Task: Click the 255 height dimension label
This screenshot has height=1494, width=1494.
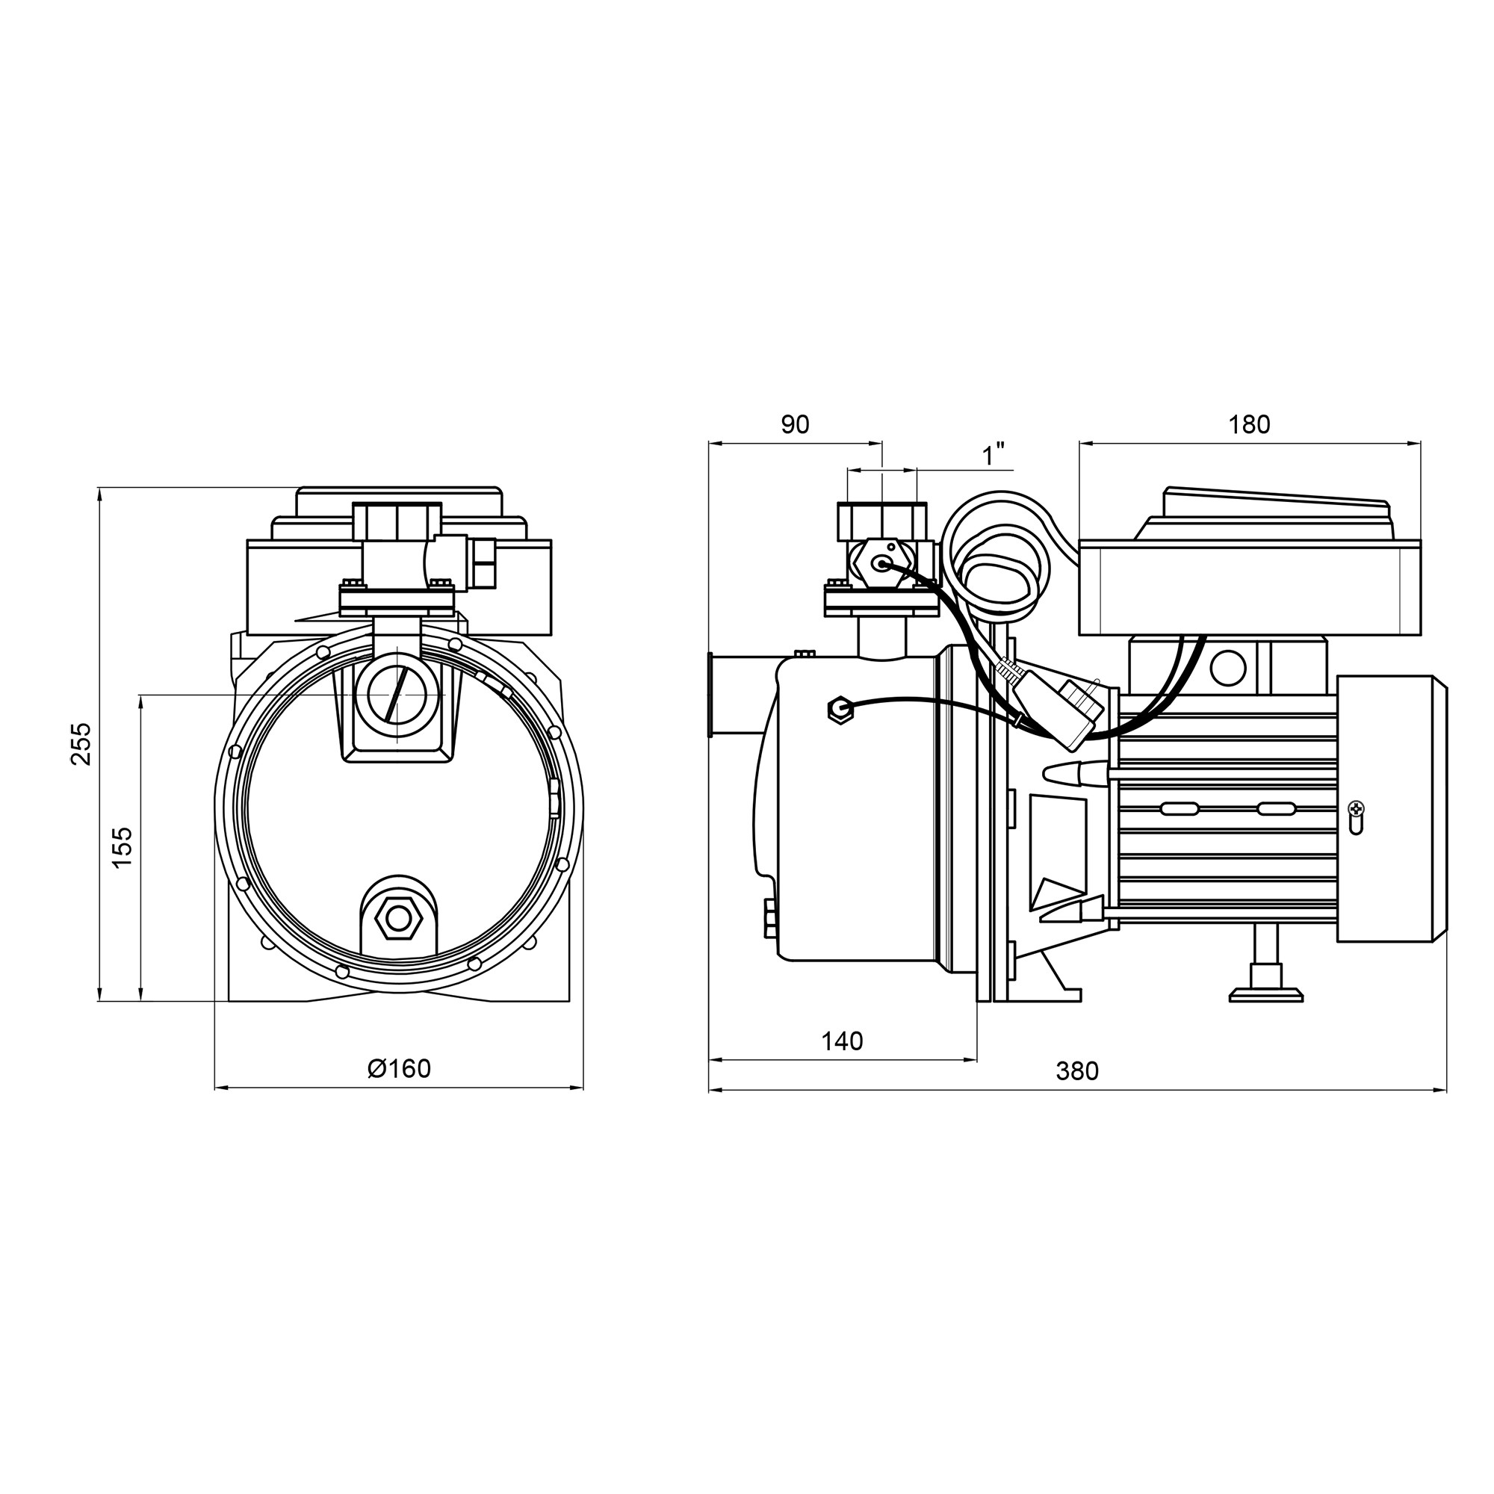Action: (81, 743)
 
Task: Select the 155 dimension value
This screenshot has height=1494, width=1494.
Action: (123, 847)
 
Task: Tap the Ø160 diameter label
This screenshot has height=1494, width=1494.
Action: (399, 1068)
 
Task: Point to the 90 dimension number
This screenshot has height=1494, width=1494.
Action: (794, 424)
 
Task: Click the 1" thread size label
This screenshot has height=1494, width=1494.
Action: (993, 455)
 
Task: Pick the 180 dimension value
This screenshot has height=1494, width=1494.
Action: (1249, 424)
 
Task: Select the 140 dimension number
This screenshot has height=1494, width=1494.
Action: (841, 1041)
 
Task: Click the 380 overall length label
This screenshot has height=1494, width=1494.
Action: (1077, 1071)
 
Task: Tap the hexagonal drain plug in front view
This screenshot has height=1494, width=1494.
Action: (398, 919)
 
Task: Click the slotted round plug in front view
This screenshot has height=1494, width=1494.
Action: (397, 693)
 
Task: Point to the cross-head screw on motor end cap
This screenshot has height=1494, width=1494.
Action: (1357, 809)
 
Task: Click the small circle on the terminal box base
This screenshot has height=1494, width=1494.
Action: (1228, 667)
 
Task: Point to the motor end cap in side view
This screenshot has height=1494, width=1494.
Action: (1391, 808)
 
